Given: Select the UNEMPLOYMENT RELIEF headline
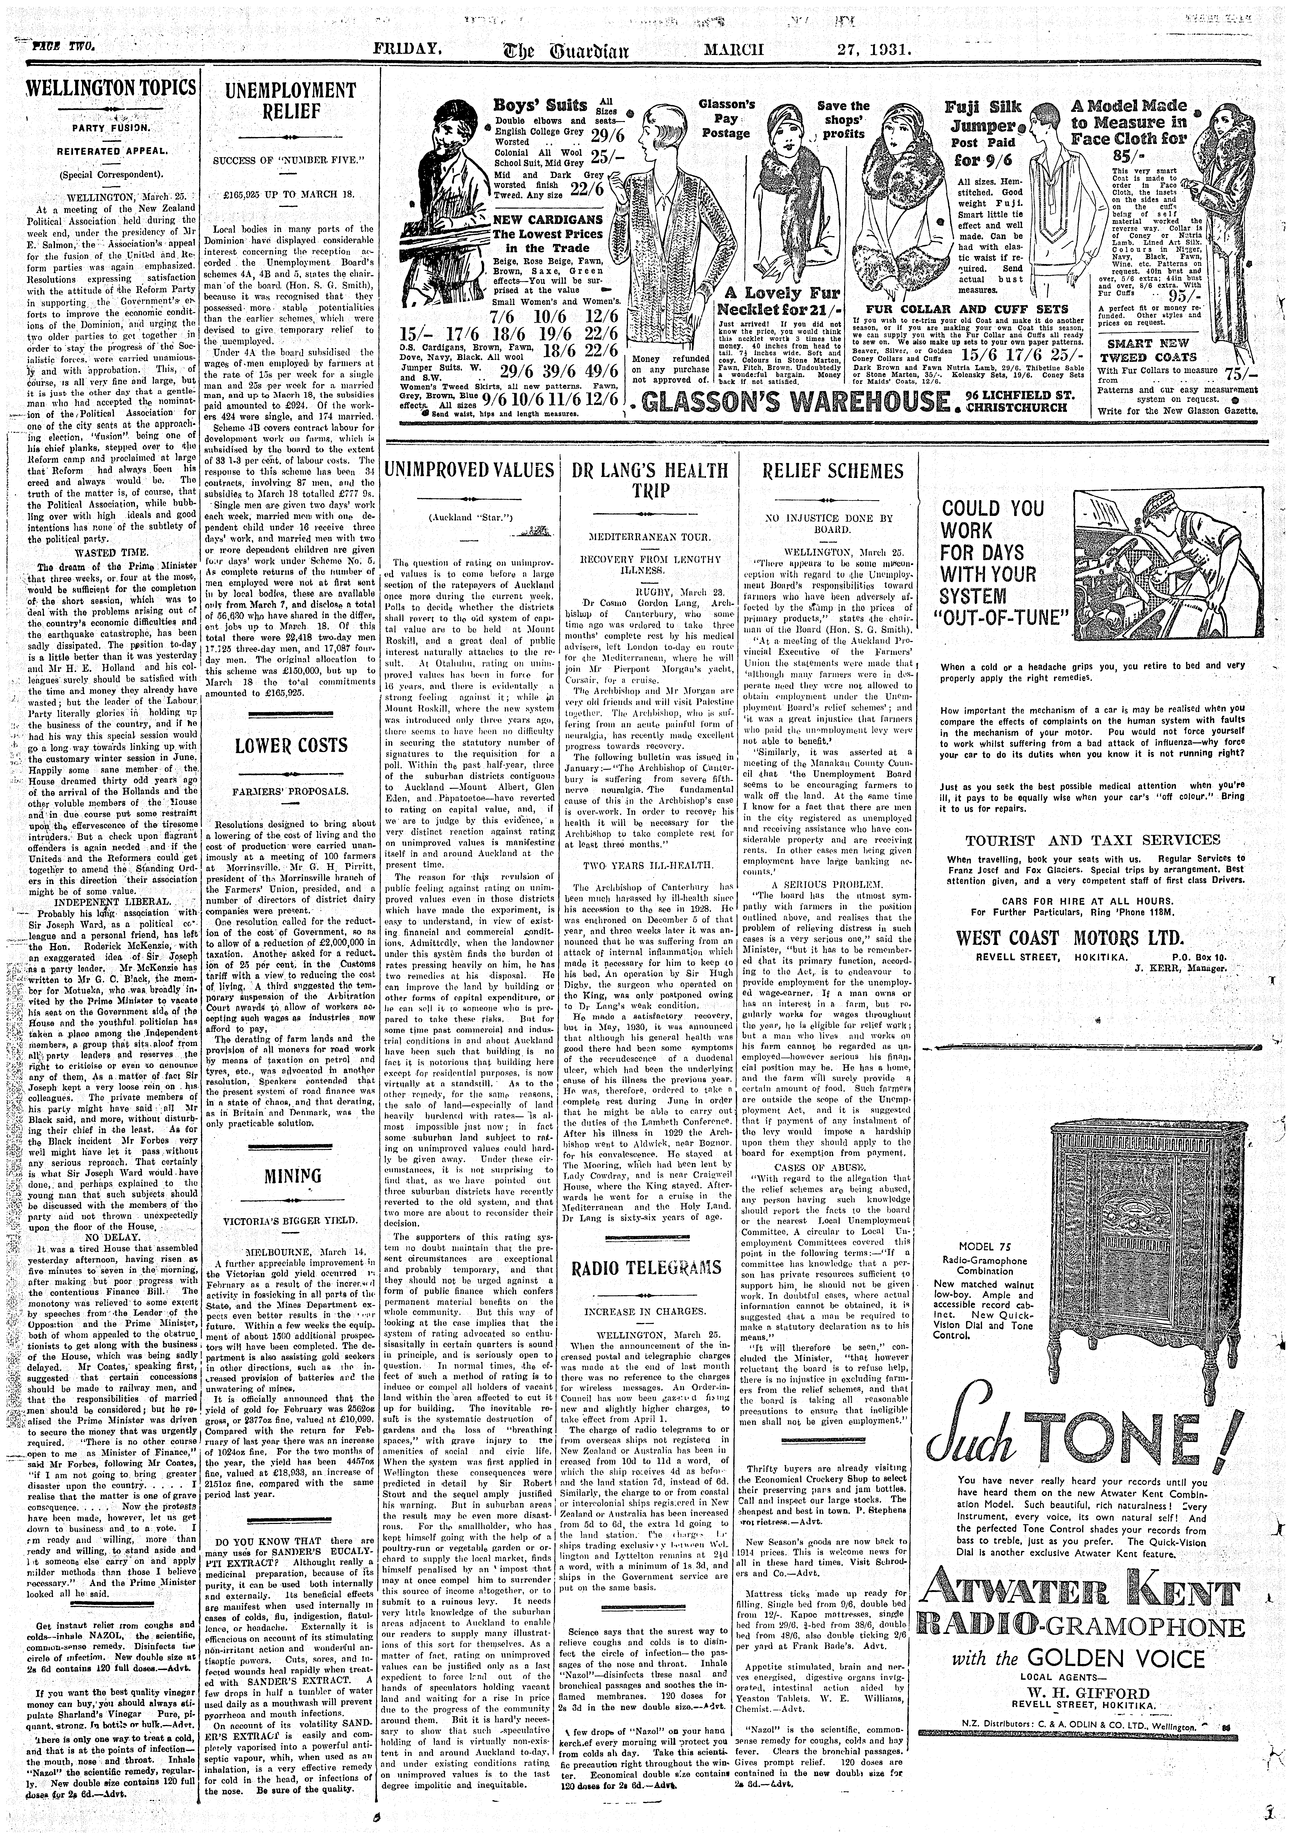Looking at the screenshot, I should (x=290, y=100).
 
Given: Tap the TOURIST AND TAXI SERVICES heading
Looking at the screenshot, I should (x=1093, y=840).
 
